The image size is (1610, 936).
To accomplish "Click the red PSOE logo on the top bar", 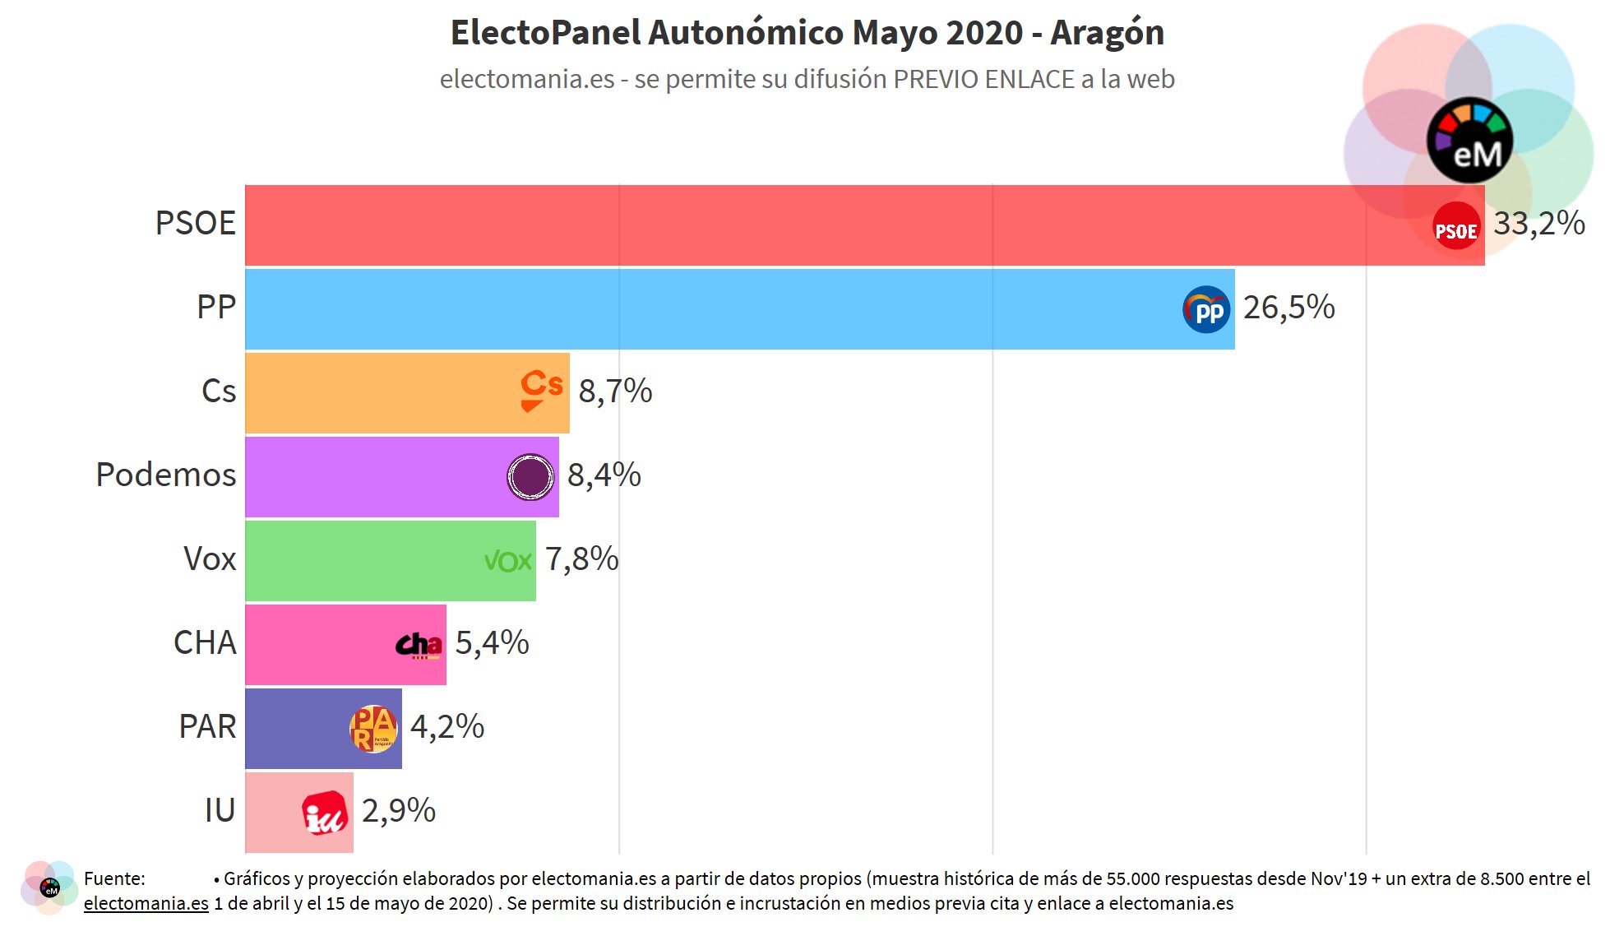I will [1455, 226].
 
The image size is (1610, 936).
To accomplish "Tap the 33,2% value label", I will [1538, 224].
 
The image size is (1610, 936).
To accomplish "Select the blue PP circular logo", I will [1206, 310].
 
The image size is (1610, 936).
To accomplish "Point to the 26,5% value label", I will [1288, 308].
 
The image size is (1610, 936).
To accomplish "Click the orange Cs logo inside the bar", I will [541, 389].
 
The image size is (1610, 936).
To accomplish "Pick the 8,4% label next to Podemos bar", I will [604, 475].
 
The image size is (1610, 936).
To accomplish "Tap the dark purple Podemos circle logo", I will [530, 477].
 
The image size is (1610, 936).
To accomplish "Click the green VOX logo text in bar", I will [507, 562].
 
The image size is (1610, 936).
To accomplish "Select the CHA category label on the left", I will [205, 643].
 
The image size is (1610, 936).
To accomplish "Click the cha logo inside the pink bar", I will [419, 646].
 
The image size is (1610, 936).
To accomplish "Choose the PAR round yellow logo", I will [373, 729].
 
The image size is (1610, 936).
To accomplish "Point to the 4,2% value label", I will [446, 727].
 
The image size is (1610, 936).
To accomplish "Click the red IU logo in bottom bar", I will [325, 813].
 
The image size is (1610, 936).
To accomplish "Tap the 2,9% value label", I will [398, 811].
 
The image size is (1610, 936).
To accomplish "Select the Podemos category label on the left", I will [166, 475].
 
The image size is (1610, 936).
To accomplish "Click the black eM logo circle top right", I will [1469, 141].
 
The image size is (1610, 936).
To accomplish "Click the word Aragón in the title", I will [1107, 33].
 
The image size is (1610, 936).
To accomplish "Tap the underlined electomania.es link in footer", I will [146, 903].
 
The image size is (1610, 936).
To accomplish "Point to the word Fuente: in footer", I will [114, 878].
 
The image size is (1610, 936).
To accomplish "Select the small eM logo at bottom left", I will [49, 888].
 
